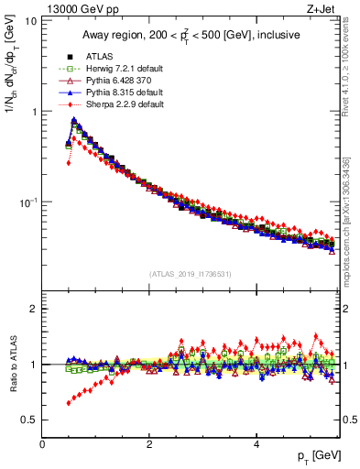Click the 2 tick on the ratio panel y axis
point(32,309)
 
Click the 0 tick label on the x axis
point(42,443)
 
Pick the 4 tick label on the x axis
point(256,443)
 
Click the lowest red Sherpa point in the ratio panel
point(69,403)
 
